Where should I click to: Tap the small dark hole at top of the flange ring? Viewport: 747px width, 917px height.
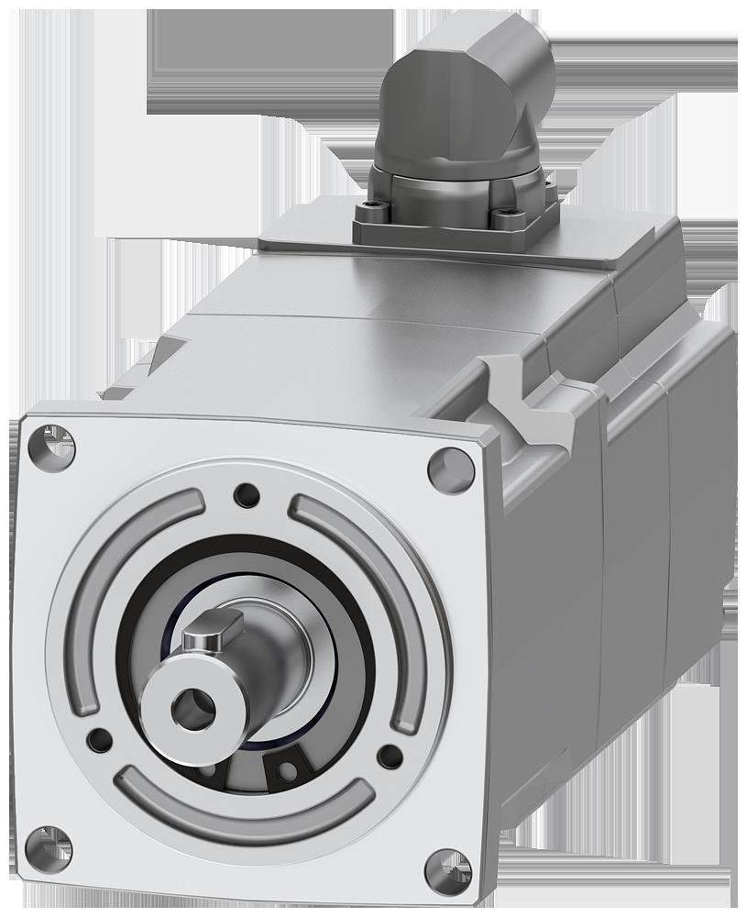[x=247, y=495]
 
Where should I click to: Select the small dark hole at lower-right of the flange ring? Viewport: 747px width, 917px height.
[x=390, y=757]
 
